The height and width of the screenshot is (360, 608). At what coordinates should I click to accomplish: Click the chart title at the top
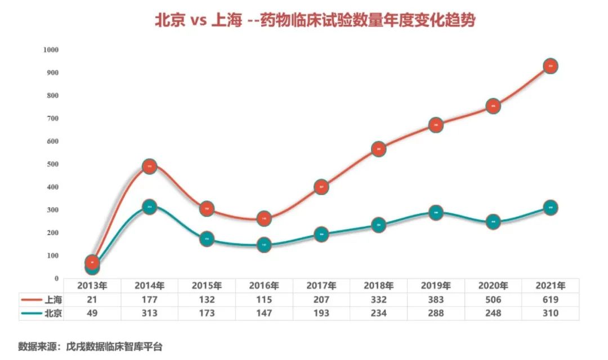pyautogui.click(x=315, y=21)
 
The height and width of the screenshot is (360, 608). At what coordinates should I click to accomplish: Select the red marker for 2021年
pyautogui.click(x=550, y=66)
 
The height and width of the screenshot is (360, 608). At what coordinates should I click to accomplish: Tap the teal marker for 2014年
pyautogui.click(x=149, y=206)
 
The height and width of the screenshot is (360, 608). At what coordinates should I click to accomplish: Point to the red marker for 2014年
pyautogui.click(x=149, y=166)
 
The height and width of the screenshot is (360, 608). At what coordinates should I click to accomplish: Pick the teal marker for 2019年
pyautogui.click(x=435, y=213)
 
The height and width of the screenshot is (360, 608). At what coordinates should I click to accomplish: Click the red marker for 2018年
pyautogui.click(x=378, y=149)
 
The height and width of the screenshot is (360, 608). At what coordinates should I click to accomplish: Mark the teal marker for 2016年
pyautogui.click(x=264, y=245)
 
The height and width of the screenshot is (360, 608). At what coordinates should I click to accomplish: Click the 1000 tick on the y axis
pyautogui.click(x=51, y=49)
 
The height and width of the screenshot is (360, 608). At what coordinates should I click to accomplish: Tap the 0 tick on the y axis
pyautogui.click(x=56, y=278)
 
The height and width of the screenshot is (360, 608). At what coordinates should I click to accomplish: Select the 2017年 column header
pyautogui.click(x=321, y=285)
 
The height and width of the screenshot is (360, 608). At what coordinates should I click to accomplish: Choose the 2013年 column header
pyautogui.click(x=92, y=285)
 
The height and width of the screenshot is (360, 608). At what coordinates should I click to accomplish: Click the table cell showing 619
pyautogui.click(x=549, y=299)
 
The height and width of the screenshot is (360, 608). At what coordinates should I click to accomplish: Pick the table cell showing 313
pyautogui.click(x=150, y=313)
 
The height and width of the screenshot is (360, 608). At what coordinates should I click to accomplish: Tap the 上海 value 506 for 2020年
pyautogui.click(x=493, y=299)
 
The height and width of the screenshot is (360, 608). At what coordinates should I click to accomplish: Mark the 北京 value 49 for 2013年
pyautogui.click(x=92, y=313)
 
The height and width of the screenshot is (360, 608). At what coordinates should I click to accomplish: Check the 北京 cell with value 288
pyautogui.click(x=435, y=313)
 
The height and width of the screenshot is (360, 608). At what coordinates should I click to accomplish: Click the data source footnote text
pyautogui.click(x=90, y=346)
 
